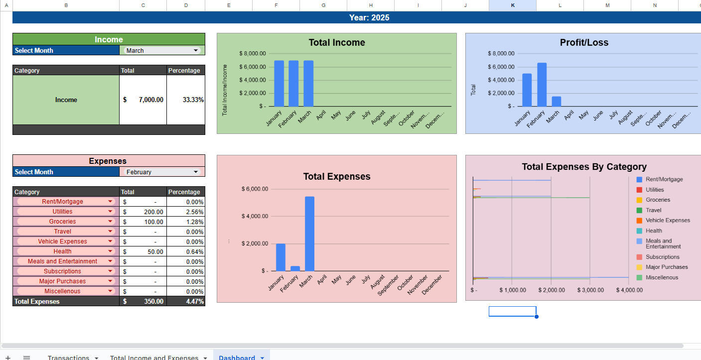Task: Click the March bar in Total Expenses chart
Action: [309, 234]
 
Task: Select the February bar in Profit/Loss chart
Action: [542, 85]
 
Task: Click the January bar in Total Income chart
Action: [279, 83]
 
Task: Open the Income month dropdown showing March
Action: [162, 50]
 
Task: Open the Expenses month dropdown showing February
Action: [162, 172]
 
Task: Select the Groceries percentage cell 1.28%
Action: [186, 222]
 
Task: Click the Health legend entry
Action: [653, 231]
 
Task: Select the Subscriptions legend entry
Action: [662, 257]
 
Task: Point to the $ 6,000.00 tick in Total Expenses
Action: [255, 189]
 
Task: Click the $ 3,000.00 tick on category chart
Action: [590, 290]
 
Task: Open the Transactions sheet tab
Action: [68, 358]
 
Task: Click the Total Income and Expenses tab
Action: [154, 358]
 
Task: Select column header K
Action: [513, 5]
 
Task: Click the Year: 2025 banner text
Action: [369, 17]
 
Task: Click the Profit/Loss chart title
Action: [584, 43]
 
